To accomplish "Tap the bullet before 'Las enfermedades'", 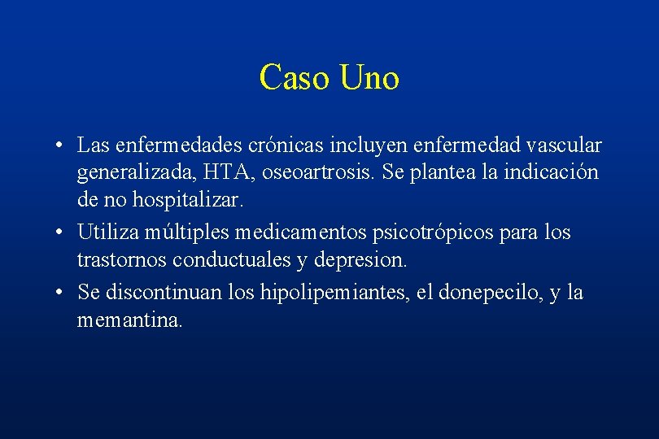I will (x=61, y=146).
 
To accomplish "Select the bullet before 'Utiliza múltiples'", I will (x=61, y=233).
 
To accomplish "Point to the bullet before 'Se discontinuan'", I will (x=61, y=292).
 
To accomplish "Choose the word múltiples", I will (x=191, y=233).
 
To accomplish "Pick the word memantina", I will (x=130, y=319).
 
